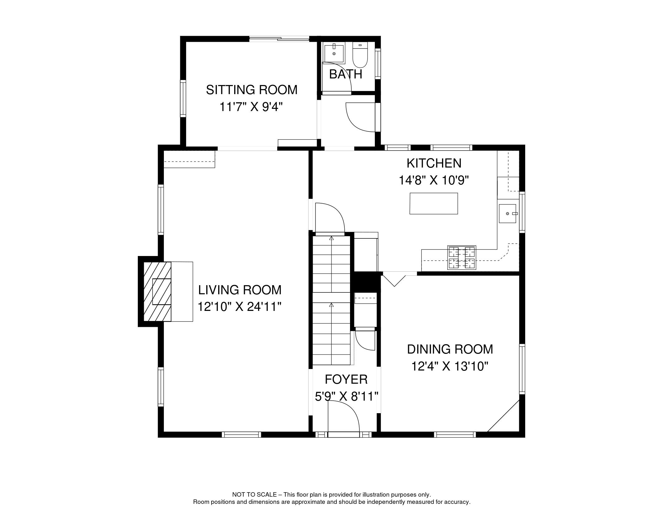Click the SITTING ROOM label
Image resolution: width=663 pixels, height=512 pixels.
coord(251,90)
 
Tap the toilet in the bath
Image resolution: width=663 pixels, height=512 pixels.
coord(360,56)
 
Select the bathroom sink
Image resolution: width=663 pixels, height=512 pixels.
coord(334,53)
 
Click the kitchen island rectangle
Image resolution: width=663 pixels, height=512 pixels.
coord(434,204)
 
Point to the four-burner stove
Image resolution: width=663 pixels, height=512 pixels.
coord(461,258)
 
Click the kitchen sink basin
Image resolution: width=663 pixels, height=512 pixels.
coord(507,213)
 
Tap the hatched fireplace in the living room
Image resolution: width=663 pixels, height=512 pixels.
coord(157,291)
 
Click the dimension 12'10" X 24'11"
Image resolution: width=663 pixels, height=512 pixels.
coord(239,307)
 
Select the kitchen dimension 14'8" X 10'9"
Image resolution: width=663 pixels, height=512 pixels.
coord(434,180)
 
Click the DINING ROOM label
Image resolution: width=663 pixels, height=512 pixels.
coord(450,349)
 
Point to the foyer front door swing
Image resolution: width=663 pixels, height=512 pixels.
coord(343,417)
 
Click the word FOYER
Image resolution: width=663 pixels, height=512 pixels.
coord(346,379)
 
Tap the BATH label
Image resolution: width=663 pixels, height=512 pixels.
coord(346,74)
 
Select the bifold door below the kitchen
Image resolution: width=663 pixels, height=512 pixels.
coord(394,280)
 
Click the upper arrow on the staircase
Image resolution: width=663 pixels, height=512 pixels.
coord(331,239)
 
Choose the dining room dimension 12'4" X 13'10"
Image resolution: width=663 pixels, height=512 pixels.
coord(450,366)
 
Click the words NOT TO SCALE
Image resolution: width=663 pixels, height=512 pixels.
coord(254,495)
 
